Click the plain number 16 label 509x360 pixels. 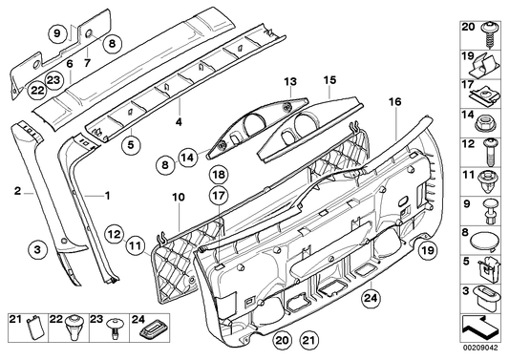(394, 102)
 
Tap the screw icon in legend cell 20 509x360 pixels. (488, 38)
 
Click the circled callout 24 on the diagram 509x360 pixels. (371, 297)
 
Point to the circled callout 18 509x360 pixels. (219, 175)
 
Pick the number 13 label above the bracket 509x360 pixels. (290, 81)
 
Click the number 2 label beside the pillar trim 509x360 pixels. (17, 191)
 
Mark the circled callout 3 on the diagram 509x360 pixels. (37, 250)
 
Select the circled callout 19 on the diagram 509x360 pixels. (428, 250)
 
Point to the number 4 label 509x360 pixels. (179, 122)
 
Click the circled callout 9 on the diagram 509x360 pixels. (57, 33)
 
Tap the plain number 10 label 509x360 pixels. (179, 198)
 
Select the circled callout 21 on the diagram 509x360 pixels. (309, 340)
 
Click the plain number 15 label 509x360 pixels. (329, 80)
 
